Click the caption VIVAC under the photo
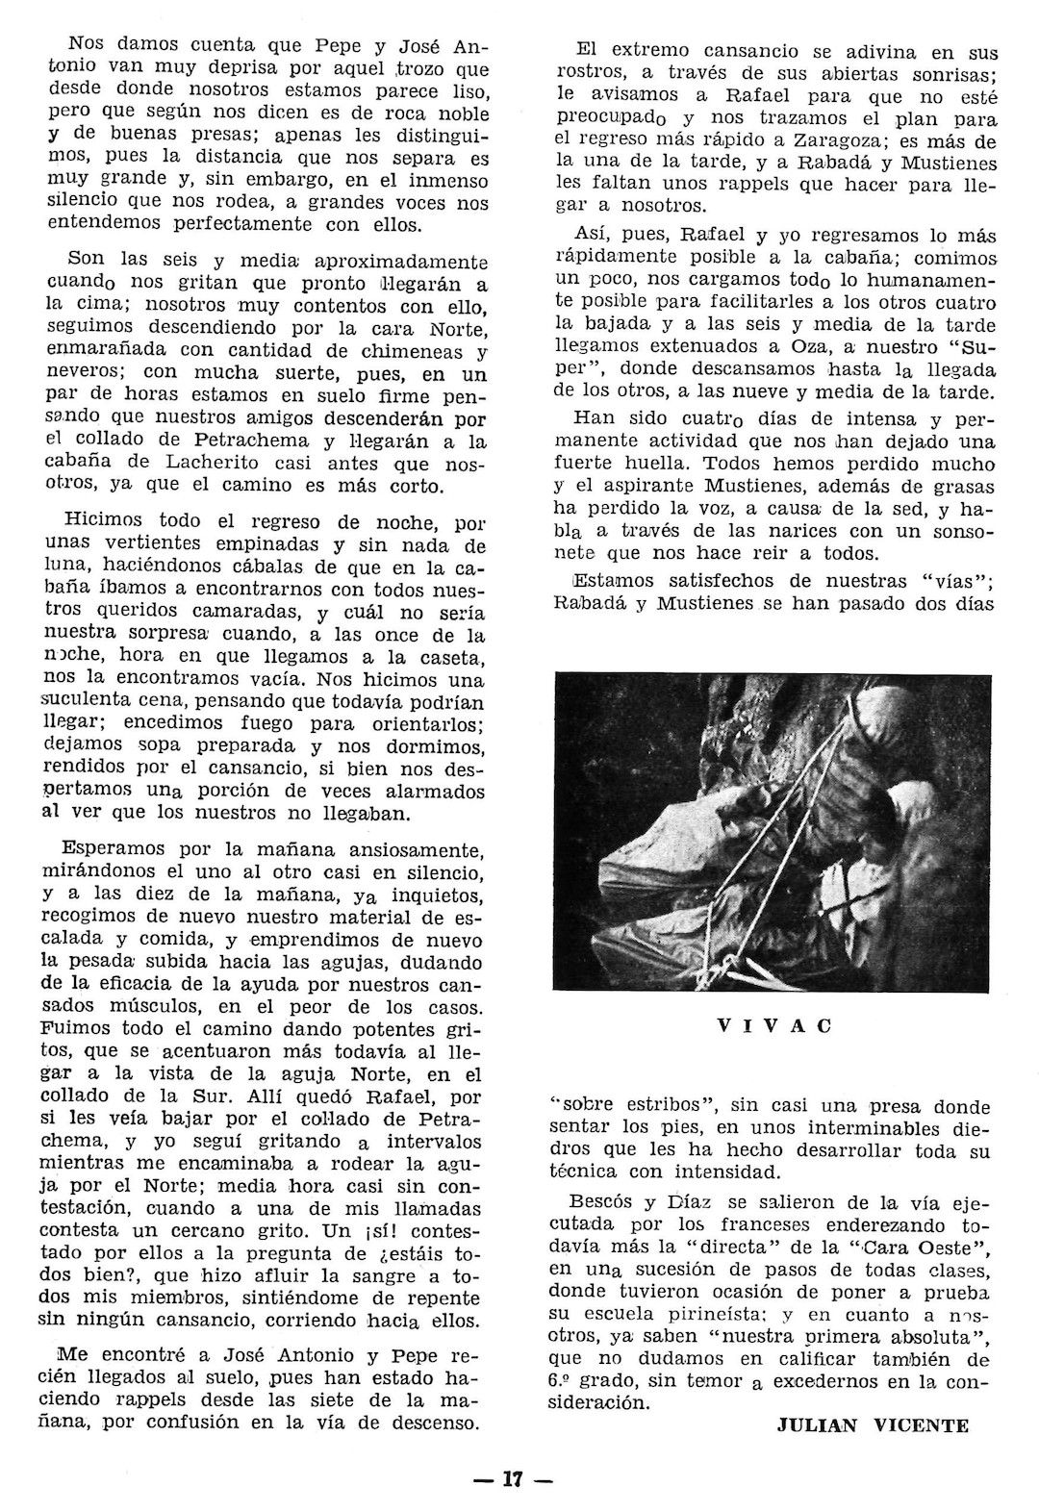click(x=774, y=1025)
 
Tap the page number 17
click(x=512, y=1480)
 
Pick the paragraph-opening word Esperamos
click(x=114, y=850)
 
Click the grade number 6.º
click(x=572, y=1381)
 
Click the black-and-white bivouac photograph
click(x=774, y=831)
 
